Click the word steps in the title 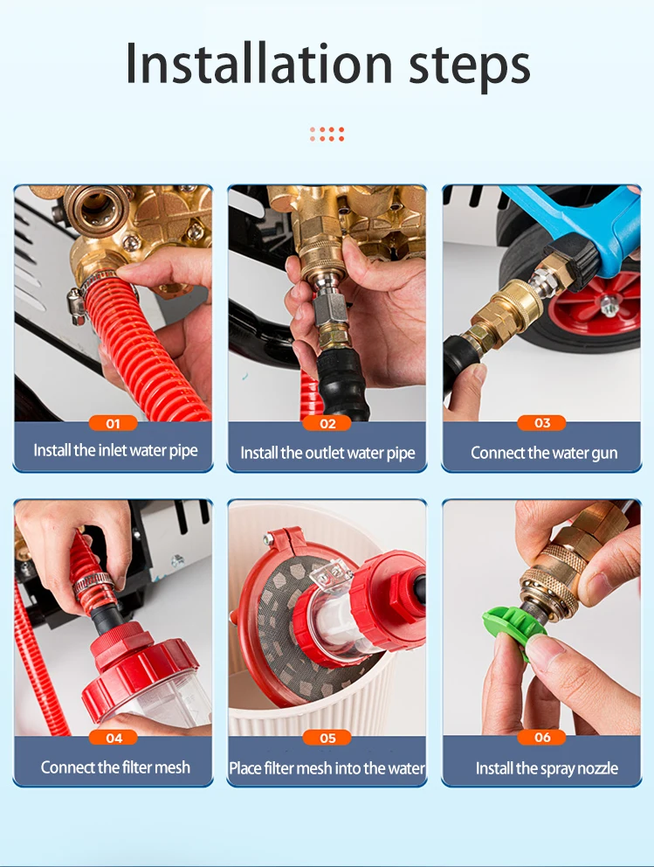(470, 67)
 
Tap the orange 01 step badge (114, 424)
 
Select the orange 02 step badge (327, 424)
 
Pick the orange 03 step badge (542, 423)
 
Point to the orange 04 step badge (114, 738)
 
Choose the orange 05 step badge (327, 738)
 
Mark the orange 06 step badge (542, 737)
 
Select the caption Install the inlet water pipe (115, 450)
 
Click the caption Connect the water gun (544, 453)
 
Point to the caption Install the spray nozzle (547, 768)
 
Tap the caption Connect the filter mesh (115, 766)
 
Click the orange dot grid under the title (327, 134)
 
